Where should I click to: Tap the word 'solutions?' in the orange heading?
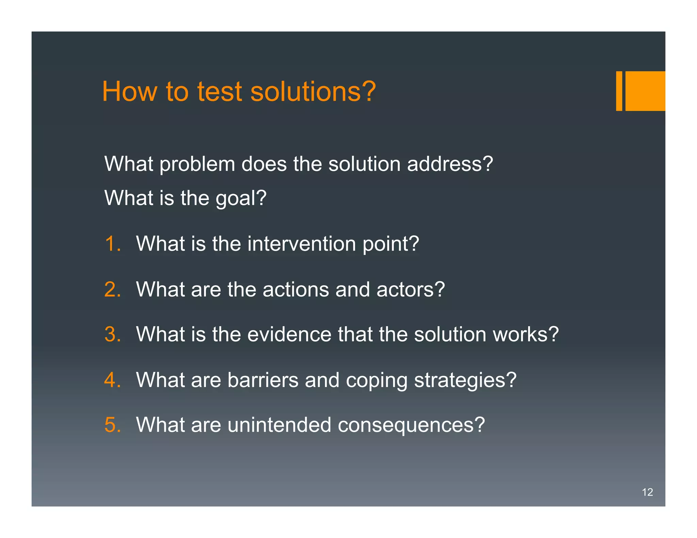313,91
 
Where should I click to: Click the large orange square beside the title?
645,91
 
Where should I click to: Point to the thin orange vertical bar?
619,91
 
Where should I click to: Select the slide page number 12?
647,492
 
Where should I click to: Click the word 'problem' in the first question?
197,164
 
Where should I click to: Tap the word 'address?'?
450,164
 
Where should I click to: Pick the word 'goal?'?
241,198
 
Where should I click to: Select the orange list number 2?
112,289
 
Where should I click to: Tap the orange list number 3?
112,334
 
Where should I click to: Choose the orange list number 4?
112,380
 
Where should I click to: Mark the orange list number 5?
112,425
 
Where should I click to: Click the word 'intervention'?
302,244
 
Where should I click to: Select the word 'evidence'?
289,334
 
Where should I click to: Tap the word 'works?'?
525,334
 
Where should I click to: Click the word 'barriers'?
263,380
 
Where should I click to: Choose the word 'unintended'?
279,425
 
